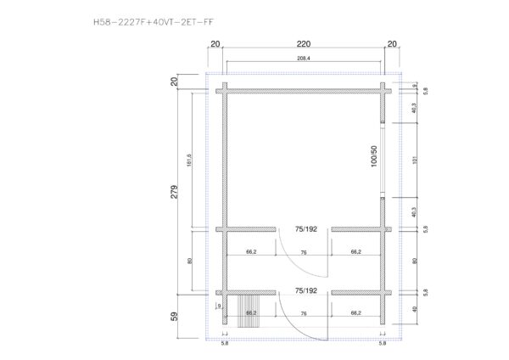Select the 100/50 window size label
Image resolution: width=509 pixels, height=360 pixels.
click(x=373, y=161)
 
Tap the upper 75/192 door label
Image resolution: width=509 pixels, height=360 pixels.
click(x=305, y=229)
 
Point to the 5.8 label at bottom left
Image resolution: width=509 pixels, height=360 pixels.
click(x=225, y=344)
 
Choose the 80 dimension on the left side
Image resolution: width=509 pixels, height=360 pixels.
click(x=198, y=262)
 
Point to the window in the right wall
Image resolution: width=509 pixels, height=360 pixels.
click(x=383, y=160)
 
